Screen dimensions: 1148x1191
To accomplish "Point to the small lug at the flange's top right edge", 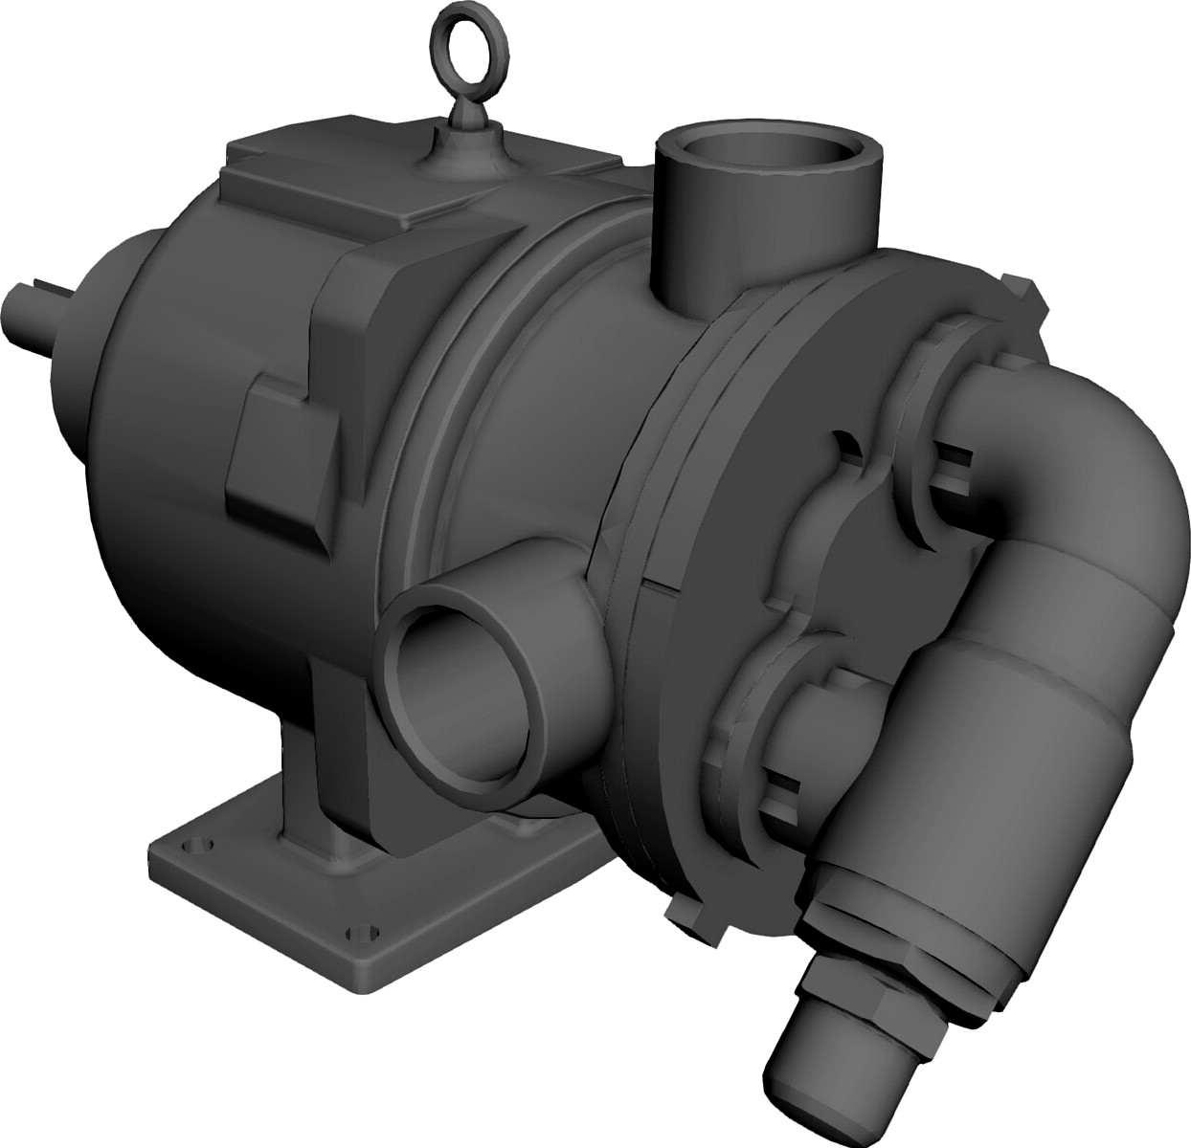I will pyautogui.click(x=1022, y=292).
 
